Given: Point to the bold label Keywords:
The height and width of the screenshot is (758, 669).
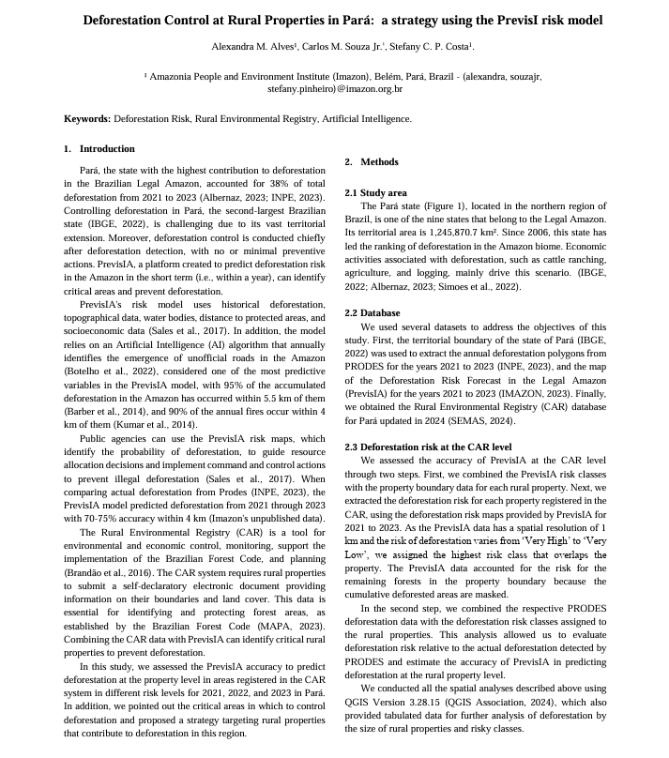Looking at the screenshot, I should pyautogui.click(x=86, y=119).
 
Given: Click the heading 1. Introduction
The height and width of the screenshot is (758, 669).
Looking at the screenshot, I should pyautogui.click(x=99, y=148).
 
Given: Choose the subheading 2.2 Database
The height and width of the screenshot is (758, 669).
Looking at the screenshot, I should pyautogui.click(x=373, y=313).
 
